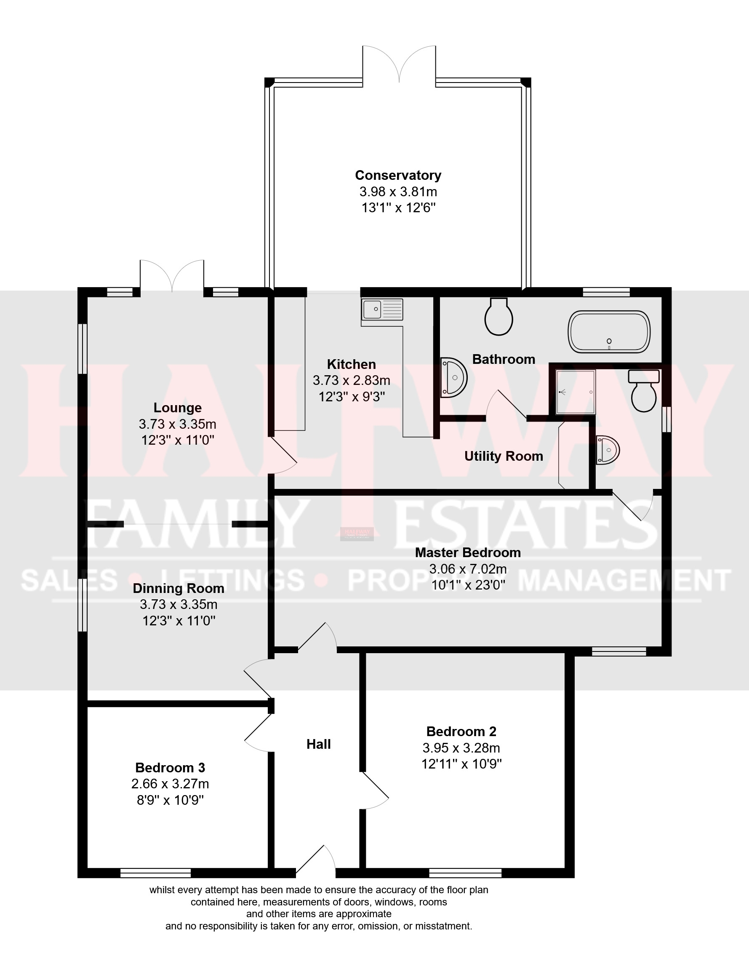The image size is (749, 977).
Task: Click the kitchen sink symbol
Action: (382, 310)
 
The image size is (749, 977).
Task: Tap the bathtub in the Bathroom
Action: (608, 332)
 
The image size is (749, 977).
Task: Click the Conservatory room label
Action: (398, 175)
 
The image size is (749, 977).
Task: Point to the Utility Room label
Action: (504, 456)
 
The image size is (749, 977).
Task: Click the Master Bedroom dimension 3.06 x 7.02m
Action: (468, 569)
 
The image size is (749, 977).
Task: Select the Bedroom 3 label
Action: (170, 767)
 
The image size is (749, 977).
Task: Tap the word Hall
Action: (318, 744)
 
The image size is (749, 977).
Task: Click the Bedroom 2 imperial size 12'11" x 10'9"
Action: (461, 764)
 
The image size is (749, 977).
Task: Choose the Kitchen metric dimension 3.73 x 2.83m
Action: (351, 380)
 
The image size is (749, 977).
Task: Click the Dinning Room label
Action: (179, 588)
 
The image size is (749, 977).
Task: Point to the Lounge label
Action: (177, 408)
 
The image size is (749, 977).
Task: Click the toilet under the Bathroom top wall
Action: (498, 317)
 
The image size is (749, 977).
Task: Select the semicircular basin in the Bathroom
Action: (453, 378)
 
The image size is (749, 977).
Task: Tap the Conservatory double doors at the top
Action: (399, 65)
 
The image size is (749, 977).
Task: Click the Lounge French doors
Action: (172, 277)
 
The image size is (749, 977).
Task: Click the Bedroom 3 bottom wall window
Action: (156, 873)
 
